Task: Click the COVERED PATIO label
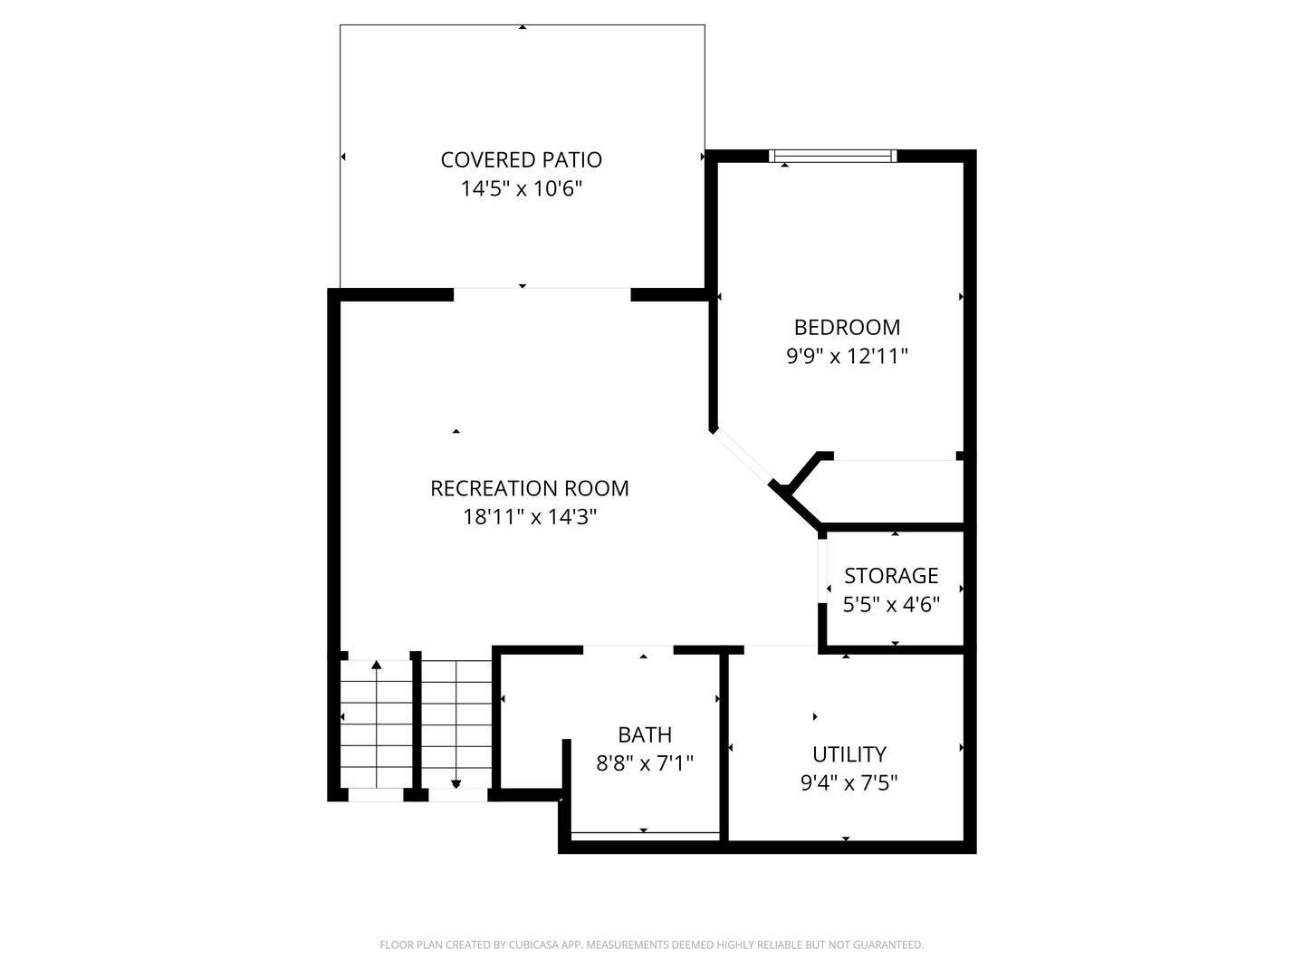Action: coord(521,160)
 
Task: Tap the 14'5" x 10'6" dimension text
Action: coord(521,189)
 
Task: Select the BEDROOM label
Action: coord(847,327)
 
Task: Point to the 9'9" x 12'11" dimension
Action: coord(847,356)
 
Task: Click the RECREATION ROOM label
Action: coord(529,488)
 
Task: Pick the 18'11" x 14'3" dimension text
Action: coord(529,517)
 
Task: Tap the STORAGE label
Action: coord(891,576)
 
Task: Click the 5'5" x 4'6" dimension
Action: coord(891,604)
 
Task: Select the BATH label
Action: coord(645,734)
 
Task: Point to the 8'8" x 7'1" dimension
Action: coord(645,763)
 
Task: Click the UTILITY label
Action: coord(849,754)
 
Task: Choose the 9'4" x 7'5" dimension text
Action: coord(849,782)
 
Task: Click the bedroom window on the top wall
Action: coord(832,156)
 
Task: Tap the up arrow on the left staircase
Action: coord(377,666)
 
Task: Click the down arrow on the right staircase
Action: coord(455,783)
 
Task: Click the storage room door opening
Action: coord(822,589)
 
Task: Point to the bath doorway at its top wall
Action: coord(628,649)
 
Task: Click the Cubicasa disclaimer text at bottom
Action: coord(651,944)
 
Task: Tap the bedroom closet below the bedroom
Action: coord(892,491)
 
